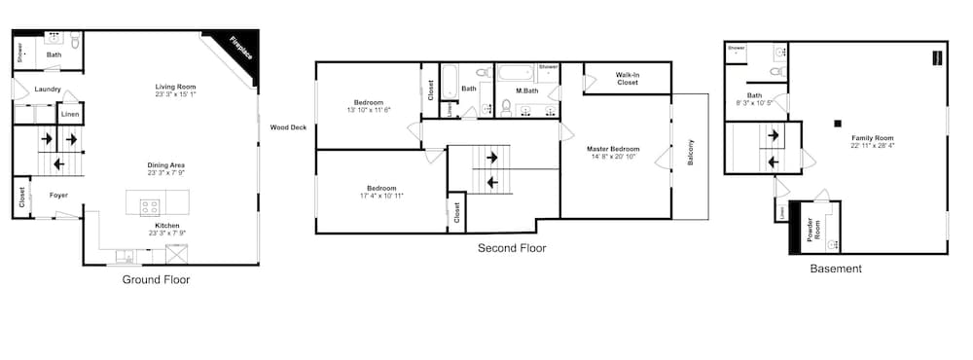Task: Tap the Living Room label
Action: click(175, 87)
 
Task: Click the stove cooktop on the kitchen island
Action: click(151, 205)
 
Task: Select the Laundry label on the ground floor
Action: click(48, 90)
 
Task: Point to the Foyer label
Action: click(58, 195)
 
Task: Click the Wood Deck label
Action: click(288, 126)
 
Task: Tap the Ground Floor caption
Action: click(156, 279)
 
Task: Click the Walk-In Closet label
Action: click(628, 78)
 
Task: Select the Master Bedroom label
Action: click(614, 149)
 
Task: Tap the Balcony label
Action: click(691, 153)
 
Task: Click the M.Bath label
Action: click(526, 90)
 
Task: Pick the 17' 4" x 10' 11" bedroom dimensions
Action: click(381, 196)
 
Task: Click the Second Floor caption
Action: click(512, 248)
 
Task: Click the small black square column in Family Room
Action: click(836, 123)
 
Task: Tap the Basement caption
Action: click(836, 269)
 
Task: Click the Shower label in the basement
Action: click(736, 47)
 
